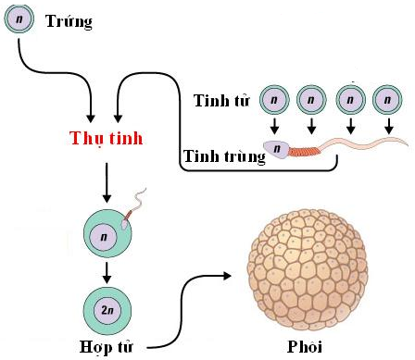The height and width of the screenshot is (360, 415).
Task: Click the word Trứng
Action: click(69, 20)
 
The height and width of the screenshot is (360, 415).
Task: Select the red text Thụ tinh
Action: click(107, 139)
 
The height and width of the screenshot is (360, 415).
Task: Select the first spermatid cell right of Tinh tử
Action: click(272, 99)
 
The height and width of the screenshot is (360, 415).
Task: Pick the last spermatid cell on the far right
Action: click(385, 99)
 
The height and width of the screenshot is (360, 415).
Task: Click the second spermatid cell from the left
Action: click(310, 99)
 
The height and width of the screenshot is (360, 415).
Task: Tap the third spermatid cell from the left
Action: click(349, 99)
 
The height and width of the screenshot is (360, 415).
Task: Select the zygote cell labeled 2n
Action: click(107, 307)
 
